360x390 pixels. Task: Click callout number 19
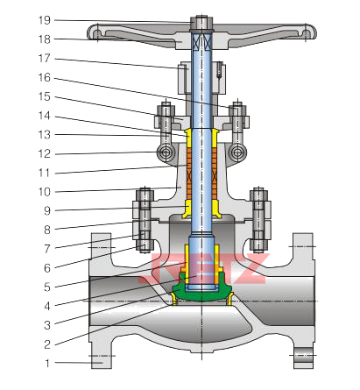tap(45, 20)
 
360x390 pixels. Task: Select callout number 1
tap(47, 363)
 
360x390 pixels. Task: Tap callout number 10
tap(45, 192)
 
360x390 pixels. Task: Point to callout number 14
tap(45, 116)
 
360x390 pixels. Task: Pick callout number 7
tap(47, 249)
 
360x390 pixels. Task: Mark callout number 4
tap(47, 306)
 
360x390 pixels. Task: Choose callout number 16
tap(45, 77)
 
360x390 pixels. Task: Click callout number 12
tap(45, 153)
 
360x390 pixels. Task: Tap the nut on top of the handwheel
tap(201, 23)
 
